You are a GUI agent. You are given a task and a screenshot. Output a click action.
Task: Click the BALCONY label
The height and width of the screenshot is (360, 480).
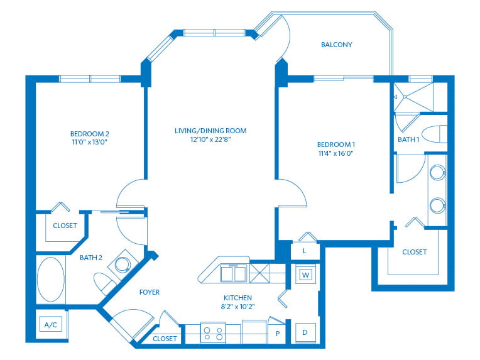(x=336, y=45)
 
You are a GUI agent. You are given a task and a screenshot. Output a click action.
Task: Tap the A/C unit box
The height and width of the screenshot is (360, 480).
(x=51, y=324)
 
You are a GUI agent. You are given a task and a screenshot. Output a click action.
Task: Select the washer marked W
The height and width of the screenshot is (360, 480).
(x=305, y=275)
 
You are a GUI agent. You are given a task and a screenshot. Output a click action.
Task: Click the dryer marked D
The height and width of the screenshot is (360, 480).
(x=305, y=333)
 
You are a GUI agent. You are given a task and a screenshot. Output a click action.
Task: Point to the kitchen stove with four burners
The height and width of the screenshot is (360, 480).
(x=213, y=333)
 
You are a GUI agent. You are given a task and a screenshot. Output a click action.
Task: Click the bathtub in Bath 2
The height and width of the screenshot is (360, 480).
(x=51, y=280)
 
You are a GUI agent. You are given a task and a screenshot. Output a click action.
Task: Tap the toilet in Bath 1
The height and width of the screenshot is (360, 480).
(x=435, y=134)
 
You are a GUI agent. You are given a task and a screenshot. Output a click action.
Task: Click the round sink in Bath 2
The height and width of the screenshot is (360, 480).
(x=123, y=264)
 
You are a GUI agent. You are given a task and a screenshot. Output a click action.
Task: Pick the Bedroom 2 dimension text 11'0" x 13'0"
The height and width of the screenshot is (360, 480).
(x=89, y=142)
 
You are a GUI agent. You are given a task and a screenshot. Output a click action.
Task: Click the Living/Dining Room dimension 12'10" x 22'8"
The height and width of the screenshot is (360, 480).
(x=210, y=139)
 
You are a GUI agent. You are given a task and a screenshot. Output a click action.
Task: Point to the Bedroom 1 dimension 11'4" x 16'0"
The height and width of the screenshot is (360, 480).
(x=336, y=153)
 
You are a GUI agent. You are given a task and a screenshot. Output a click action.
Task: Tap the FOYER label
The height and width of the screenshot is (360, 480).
(x=150, y=292)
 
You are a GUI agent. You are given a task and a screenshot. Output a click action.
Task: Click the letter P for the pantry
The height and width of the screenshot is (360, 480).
(x=278, y=334)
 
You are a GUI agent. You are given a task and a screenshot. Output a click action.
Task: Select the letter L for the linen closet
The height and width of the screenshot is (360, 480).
(x=304, y=251)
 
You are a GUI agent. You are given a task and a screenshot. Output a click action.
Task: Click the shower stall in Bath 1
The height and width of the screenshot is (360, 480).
(x=413, y=97)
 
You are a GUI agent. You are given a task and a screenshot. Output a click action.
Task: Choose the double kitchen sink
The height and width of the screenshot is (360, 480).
(x=233, y=274)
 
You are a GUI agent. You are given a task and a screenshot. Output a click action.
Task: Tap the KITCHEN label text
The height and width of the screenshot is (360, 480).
(x=238, y=298)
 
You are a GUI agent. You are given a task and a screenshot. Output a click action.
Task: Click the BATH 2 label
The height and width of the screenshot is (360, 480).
(x=91, y=258)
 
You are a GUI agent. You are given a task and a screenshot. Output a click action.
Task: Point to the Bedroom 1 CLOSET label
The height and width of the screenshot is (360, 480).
(x=415, y=252)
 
